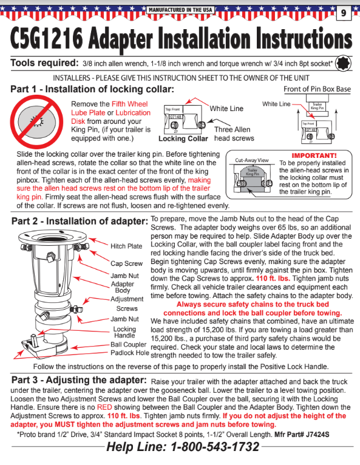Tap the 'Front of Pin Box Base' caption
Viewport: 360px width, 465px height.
click(317, 89)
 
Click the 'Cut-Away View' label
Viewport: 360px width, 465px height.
click(251, 160)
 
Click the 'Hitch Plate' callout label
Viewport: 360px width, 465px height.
click(126, 246)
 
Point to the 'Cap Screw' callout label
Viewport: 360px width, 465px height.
click(127, 263)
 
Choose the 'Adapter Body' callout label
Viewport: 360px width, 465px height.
click(123, 287)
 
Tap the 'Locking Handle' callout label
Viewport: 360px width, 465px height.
click(125, 333)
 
